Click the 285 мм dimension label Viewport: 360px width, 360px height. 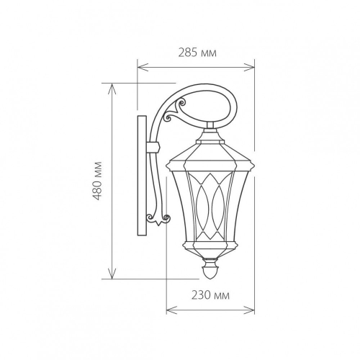(x=197, y=53)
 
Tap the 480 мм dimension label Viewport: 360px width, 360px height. (x=98, y=181)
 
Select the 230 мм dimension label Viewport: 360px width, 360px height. (x=210, y=295)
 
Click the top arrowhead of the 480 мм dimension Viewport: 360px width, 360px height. (x=112, y=89)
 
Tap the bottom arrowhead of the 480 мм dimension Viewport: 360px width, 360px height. (x=112, y=274)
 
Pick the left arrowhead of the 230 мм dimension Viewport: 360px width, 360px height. (x=171, y=310)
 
